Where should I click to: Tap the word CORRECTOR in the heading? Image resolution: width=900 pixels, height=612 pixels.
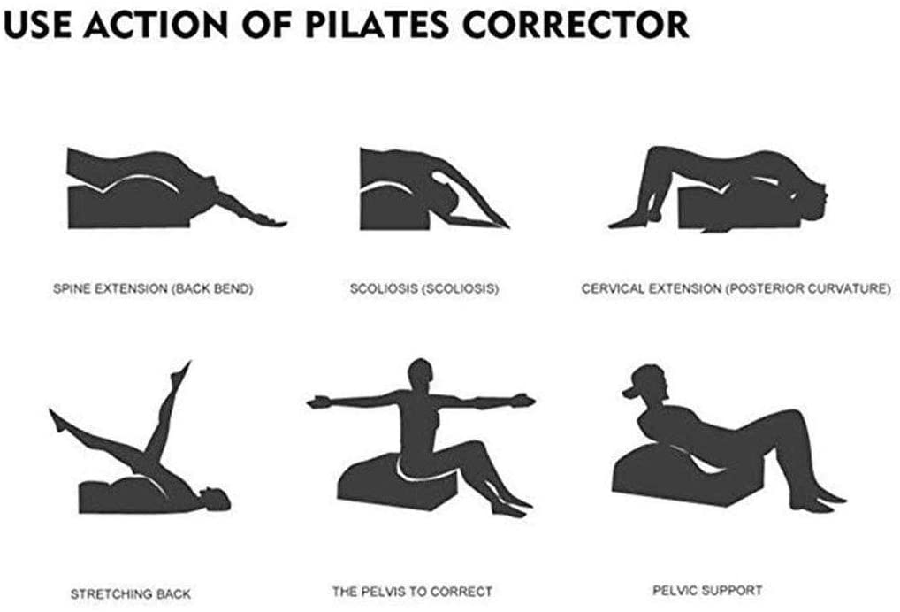576,25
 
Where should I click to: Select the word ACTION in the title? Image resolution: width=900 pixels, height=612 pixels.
156,25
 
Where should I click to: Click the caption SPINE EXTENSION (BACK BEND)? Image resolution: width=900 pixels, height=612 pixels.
153,289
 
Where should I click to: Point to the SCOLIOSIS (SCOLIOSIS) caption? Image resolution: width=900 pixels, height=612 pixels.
424,288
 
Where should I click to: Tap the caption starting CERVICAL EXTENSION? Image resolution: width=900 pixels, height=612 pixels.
736,288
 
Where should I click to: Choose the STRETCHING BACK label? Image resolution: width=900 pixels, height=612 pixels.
130,593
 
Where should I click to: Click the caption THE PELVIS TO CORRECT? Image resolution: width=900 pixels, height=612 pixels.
412,592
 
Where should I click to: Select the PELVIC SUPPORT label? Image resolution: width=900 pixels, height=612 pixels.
708,590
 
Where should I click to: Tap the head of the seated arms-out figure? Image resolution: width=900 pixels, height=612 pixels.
422,376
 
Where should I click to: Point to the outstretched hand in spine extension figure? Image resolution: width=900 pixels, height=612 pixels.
270,220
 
